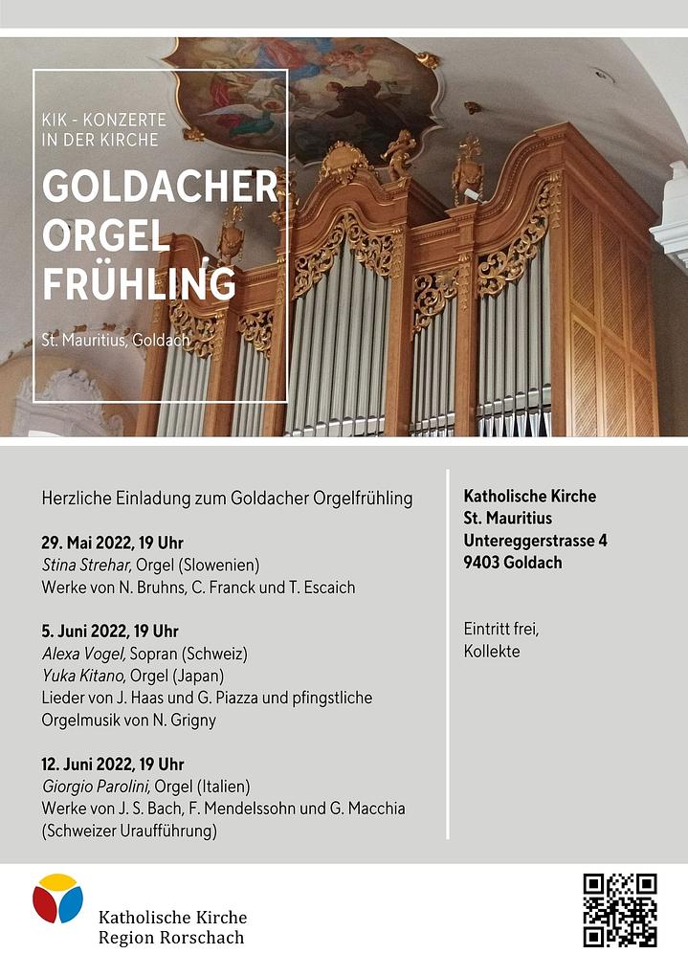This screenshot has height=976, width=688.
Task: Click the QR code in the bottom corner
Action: (620, 910)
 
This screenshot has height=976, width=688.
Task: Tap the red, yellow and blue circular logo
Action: (57, 898)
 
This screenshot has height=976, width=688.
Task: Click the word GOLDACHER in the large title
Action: (160, 188)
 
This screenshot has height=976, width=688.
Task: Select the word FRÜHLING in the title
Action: (139, 284)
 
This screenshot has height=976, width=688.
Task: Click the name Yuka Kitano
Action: (83, 677)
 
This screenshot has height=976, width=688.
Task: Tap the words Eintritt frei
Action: (501, 629)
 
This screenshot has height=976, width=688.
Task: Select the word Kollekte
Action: (492, 652)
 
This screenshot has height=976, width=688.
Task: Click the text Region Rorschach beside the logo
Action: (171, 938)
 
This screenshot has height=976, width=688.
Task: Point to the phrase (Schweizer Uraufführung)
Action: (129, 832)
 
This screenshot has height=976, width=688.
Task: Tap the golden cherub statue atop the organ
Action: (399, 153)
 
